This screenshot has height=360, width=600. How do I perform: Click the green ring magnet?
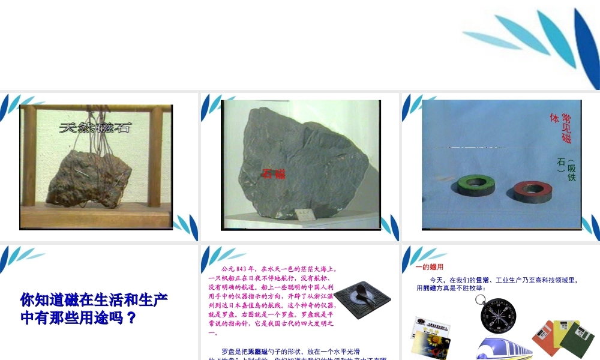coord(477,185)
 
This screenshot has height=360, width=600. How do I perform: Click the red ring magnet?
coord(532,191)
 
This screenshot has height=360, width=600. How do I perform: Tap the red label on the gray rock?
coord(273,174)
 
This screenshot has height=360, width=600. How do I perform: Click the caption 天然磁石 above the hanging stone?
coord(95,128)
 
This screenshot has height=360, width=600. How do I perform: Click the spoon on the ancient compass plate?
coord(362,292)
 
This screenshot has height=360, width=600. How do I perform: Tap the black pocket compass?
coord(497,313)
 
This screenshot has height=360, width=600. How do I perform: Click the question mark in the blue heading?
coord(132,317)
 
